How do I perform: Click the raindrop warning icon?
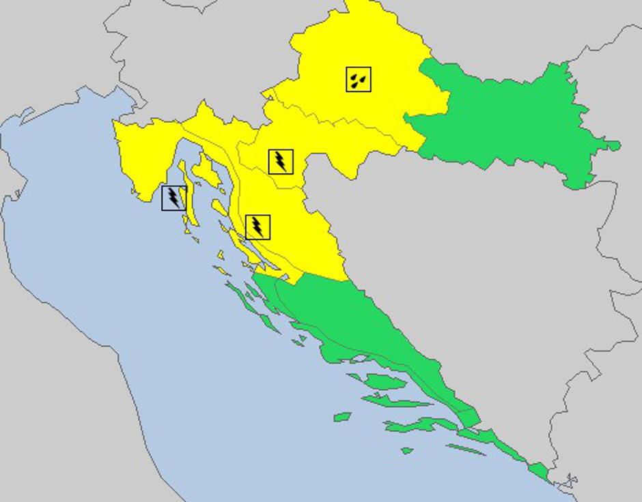(x=359, y=80)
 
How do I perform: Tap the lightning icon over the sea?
(x=173, y=198)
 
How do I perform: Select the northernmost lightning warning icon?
(x=281, y=162)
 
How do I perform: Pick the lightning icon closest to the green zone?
(x=257, y=227)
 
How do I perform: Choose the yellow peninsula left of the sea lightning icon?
(x=137, y=157)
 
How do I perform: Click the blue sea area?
(x=171, y=341)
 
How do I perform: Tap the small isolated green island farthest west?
(x=342, y=416)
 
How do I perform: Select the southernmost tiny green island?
(x=407, y=450)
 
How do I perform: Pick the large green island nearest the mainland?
(x=386, y=382)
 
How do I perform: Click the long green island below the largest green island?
(x=410, y=426)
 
